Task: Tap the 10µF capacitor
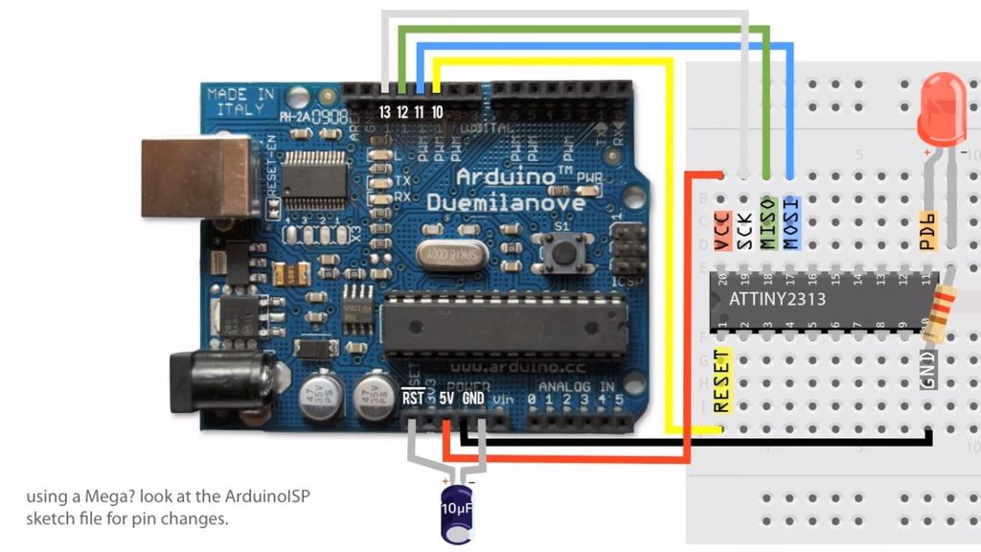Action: tap(454, 504)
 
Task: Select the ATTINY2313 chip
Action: tap(824, 299)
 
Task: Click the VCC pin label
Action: tap(723, 231)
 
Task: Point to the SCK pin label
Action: tap(745, 231)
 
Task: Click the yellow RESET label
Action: tap(722, 380)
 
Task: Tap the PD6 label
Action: tap(926, 230)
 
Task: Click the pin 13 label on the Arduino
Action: tap(385, 112)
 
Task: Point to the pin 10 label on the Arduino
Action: tap(437, 112)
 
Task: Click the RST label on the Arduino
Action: tap(414, 398)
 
